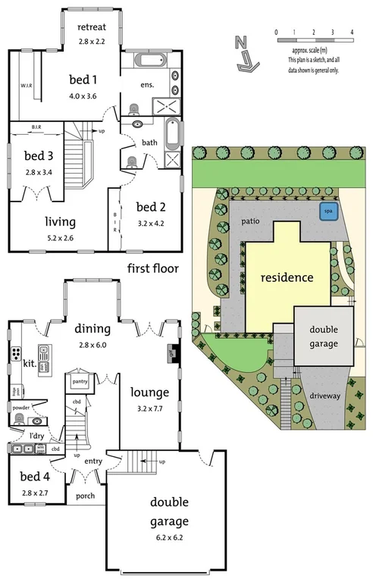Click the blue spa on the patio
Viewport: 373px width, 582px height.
click(x=328, y=211)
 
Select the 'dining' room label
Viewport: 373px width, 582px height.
click(x=93, y=328)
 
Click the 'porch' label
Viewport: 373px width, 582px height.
click(x=85, y=496)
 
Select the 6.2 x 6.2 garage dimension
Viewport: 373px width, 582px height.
click(x=168, y=537)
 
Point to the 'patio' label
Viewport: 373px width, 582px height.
click(x=252, y=221)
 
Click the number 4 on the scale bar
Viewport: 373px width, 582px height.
click(x=353, y=32)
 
